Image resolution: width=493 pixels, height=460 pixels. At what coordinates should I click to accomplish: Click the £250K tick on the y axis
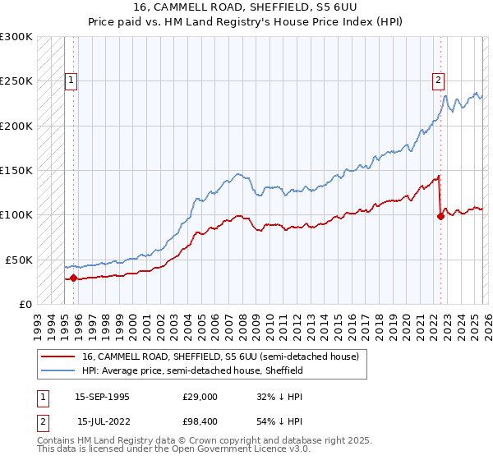coord(16,81)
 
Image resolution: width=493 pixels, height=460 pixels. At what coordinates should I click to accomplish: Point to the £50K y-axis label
coord(19,260)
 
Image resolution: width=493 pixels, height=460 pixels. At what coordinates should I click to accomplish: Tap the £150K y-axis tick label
coord(16,170)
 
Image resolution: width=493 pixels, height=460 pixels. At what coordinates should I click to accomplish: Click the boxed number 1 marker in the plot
coord(72,80)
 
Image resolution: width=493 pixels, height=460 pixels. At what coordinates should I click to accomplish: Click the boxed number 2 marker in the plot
coord(439,80)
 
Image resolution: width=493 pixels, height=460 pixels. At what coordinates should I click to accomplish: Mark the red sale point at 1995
coord(74,278)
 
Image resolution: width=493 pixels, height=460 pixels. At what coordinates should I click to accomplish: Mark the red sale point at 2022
coord(440,217)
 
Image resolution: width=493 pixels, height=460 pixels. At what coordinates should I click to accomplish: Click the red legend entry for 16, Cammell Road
coord(220,357)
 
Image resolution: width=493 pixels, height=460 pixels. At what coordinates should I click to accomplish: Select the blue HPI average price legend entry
coord(192,370)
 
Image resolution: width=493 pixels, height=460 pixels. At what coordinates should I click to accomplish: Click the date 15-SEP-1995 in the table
coord(102,396)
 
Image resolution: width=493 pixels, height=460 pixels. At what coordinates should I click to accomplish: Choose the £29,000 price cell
coord(200,396)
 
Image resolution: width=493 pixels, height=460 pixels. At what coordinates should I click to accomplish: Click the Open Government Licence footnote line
coord(174,449)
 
